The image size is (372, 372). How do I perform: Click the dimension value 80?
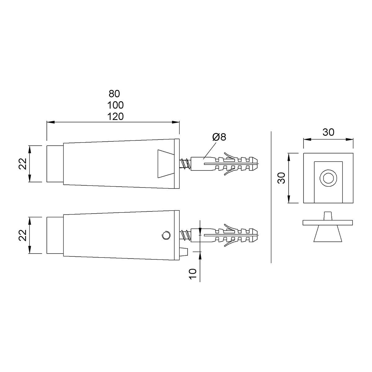point(114,94)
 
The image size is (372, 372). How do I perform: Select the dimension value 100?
point(115,105)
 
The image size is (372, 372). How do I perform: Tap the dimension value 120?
point(115,117)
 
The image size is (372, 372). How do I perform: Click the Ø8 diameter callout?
point(219,137)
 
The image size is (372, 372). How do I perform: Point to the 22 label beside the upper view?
point(23,164)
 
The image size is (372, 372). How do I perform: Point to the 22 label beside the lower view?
point(23,235)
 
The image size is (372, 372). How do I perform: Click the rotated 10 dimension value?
point(193,274)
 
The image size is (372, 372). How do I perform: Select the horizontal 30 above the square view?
point(328,132)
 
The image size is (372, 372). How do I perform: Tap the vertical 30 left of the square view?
point(281,178)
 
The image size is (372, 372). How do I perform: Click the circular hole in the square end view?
point(328,178)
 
